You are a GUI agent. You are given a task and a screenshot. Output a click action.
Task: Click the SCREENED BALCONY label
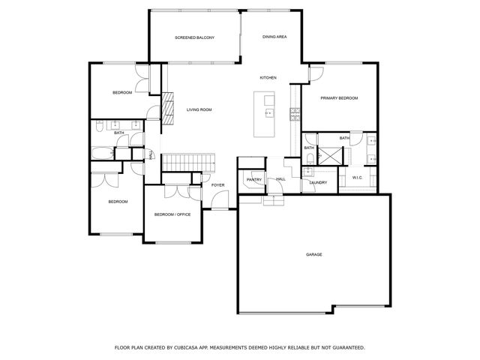point(195,37)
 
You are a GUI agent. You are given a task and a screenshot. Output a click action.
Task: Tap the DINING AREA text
point(274,37)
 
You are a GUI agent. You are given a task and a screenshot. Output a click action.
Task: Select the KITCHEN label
point(268,78)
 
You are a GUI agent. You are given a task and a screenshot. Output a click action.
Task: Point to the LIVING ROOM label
point(199,109)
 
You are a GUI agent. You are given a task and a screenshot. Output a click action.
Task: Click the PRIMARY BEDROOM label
point(339,98)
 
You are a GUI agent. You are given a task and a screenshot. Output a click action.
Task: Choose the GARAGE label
point(314,254)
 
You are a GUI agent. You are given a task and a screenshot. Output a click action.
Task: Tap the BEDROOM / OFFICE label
point(172,214)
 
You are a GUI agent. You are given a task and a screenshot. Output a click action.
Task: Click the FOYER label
point(218,184)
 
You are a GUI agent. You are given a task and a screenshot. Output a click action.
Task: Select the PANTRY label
point(253,179)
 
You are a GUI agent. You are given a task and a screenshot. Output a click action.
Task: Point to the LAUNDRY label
point(317,182)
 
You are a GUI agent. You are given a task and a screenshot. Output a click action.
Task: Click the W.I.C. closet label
point(358,177)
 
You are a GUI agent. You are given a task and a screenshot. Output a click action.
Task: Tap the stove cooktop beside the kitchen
point(295,115)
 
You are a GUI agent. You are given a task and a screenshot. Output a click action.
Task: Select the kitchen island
point(265,114)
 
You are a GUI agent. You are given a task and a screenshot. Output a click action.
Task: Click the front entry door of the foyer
point(219,199)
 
